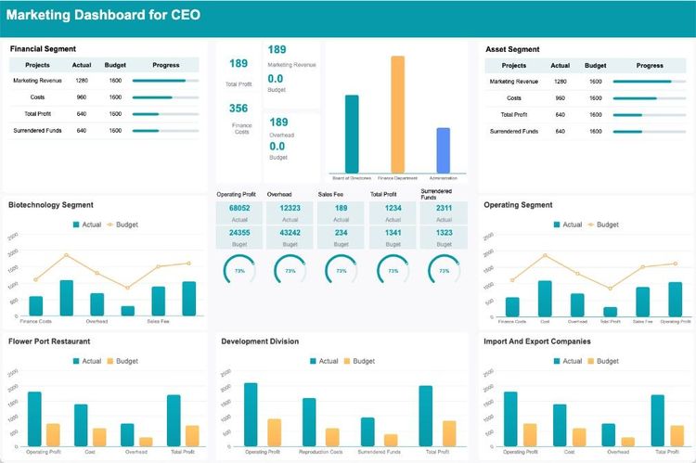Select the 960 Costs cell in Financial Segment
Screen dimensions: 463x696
[81, 97]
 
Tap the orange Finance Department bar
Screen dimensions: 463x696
[397, 113]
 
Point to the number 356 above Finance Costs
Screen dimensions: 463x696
[238, 109]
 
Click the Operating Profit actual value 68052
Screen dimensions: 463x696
[239, 209]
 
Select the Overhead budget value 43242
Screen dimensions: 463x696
[290, 233]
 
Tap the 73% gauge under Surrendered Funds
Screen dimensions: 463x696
[444, 271]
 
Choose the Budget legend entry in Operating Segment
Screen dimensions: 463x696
[602, 225]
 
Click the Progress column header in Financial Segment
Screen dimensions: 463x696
[165, 65]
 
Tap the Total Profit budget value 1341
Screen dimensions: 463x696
[393, 233]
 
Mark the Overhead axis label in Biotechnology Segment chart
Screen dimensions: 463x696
[97, 321]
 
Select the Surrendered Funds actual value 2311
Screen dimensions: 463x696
[444, 209]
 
